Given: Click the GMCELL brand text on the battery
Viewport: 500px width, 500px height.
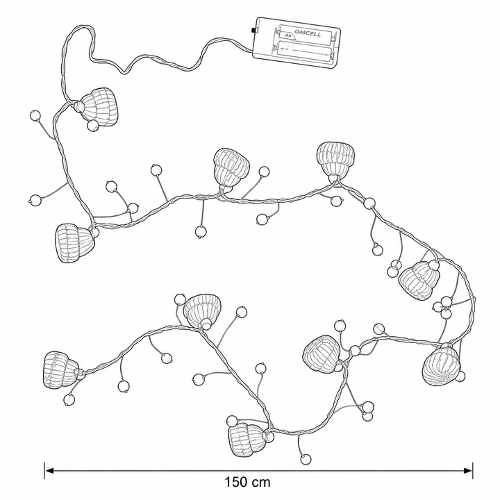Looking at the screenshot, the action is pos(308,33).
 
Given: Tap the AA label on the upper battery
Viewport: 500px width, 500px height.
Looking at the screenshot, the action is pos(288,35).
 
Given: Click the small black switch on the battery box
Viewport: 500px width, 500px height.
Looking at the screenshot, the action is pos(254,31).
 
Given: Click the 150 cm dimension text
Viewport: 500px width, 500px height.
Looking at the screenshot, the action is pos(247,482).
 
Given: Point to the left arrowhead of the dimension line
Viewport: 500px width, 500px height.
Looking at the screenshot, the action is pos(49,470).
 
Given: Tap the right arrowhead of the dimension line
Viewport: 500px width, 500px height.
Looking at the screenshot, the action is pos(468,470).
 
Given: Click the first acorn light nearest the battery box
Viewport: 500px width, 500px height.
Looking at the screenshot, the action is pos(97,107).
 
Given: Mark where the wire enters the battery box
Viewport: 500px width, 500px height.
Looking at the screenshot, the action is pos(253,51).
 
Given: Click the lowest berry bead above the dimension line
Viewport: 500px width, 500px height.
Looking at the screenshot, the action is pos(306,459).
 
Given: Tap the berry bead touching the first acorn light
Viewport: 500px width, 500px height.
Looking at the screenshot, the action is pos(93,126).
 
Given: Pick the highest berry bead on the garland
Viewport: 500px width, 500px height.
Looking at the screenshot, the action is pos(35,115).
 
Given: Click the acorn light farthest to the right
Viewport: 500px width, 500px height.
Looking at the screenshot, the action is pos(441,366).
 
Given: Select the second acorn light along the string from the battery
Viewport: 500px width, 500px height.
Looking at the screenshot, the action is pos(75,242).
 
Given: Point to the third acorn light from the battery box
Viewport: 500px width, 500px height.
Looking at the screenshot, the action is pos(231,168).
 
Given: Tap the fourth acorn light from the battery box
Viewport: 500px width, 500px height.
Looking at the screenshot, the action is pos(336,161).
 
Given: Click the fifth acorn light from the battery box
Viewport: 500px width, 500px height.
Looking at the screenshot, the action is pos(419,280).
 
